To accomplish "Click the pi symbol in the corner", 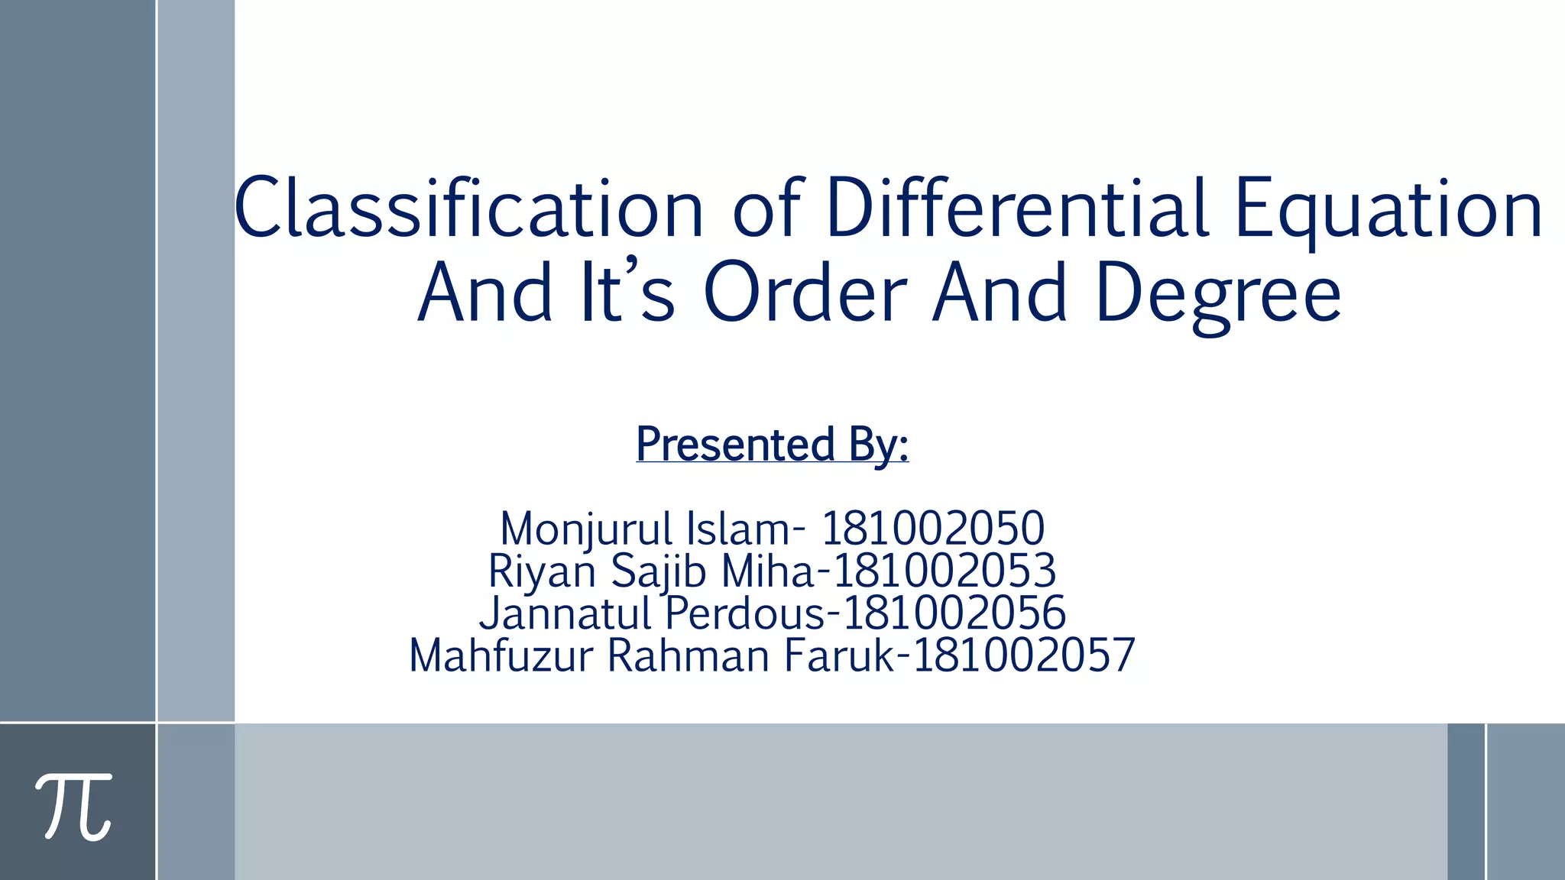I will (74, 806).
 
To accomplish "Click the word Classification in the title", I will (468, 209).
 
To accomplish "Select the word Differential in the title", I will (1016, 209).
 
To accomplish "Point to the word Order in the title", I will (805, 293).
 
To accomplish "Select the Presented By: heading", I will (772, 444).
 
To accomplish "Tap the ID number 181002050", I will (932, 529).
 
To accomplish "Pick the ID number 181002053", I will (945, 571).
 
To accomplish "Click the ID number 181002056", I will (954, 613).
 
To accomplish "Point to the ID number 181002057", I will (1024, 655).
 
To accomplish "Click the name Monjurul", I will (586, 529).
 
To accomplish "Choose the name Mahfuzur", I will (501, 655).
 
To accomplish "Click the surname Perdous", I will (746, 613).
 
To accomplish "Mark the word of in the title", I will (766, 209).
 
